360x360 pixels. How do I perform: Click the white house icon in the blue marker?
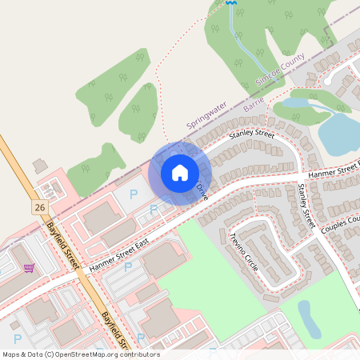[x=180, y=173]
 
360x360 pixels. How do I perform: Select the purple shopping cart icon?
[x=29, y=269]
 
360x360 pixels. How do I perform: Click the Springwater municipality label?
[x=206, y=115]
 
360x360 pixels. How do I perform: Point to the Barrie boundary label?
[x=254, y=102]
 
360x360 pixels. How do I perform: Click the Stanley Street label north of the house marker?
[x=251, y=130]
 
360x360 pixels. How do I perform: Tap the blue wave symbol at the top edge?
[x=231, y=3]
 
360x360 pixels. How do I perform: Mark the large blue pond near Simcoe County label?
[x=339, y=132]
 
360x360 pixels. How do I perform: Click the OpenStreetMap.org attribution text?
[x=104, y=354]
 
